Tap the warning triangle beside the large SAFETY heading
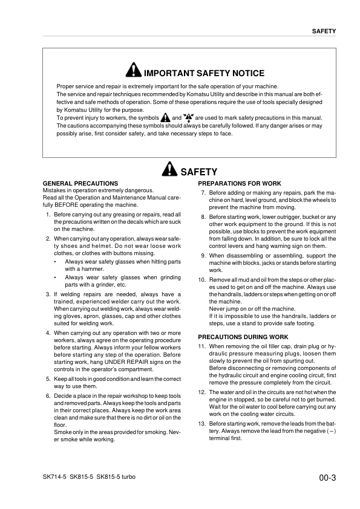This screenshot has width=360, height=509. pyautogui.click(x=170, y=171)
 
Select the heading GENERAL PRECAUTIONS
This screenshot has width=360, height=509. pyautogui.click(x=80, y=183)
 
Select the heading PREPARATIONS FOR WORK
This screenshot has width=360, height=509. pyautogui.click(x=240, y=183)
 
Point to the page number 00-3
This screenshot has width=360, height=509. pyautogui.click(x=327, y=478)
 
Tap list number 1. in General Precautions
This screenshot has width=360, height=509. pyautogui.click(x=48, y=215)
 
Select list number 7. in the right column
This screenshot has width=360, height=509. pyautogui.click(x=203, y=193)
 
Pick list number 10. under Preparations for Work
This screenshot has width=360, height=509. pyautogui.click(x=202, y=280)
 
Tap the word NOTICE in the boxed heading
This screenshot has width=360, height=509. pyautogui.click(x=248, y=73)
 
